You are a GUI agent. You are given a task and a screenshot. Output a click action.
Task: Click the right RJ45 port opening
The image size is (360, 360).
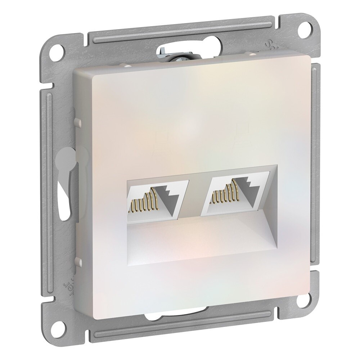[234, 197]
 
